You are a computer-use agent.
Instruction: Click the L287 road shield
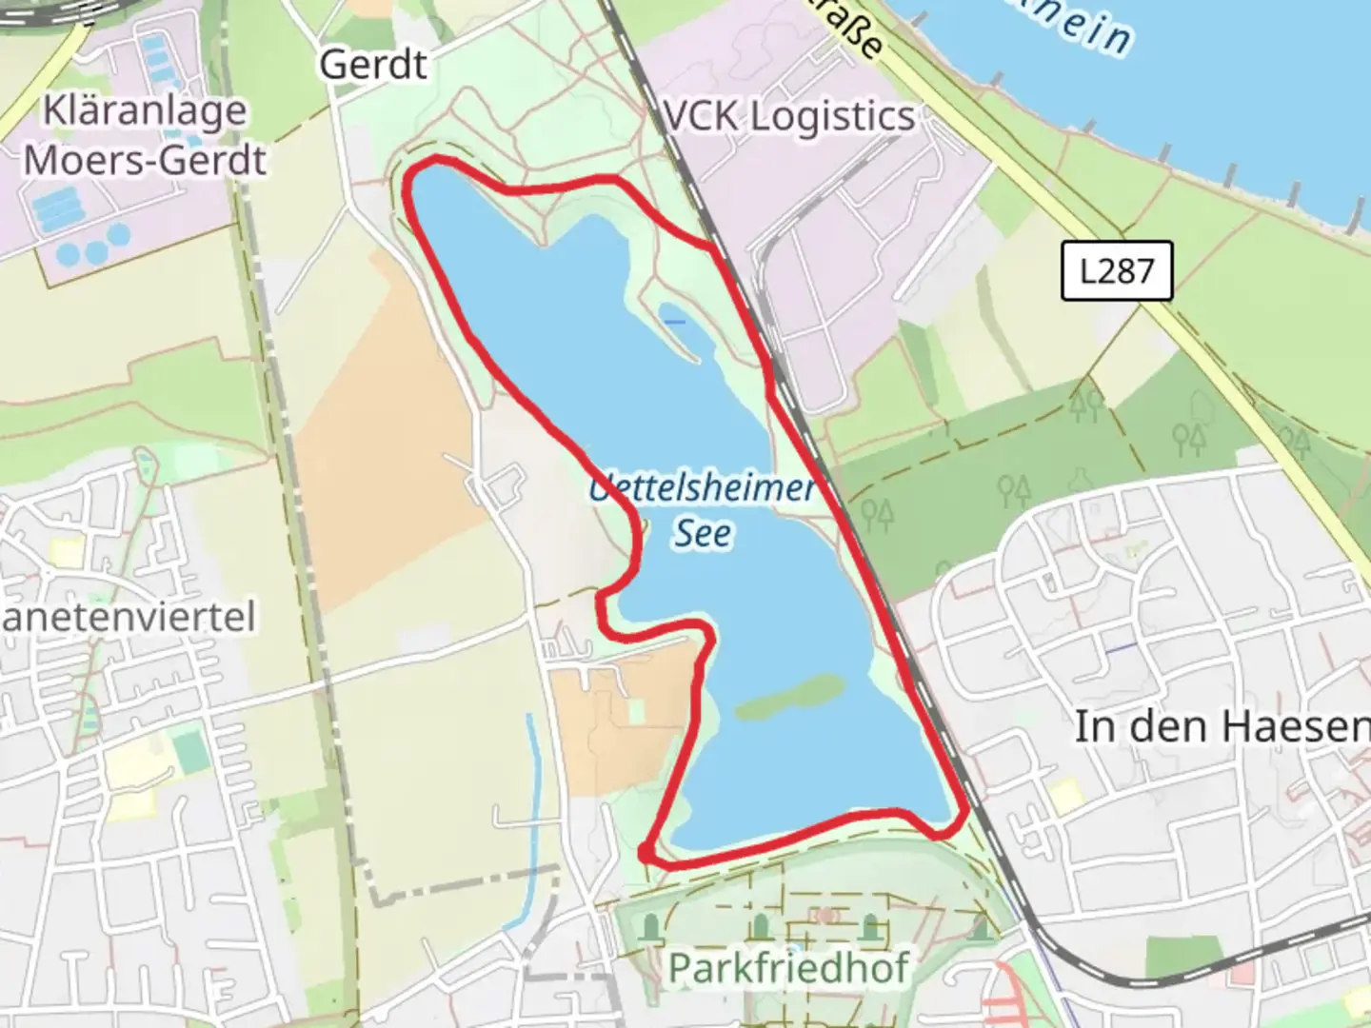[1116, 271]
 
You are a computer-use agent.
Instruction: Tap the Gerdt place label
[373, 65]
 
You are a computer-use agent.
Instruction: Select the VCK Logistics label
[789, 117]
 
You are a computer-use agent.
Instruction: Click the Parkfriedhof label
[789, 968]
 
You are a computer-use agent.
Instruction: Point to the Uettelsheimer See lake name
[703, 510]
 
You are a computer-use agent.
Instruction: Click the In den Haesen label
[1222, 727]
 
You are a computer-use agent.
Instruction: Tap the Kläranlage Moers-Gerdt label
[145, 135]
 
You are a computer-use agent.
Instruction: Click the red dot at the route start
[646, 853]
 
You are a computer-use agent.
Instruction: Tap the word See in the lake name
[704, 533]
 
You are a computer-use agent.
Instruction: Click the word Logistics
[832, 117]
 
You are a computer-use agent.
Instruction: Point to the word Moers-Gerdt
[145, 159]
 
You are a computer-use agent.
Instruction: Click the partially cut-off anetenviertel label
[129, 617]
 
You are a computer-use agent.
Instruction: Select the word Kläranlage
[145, 111]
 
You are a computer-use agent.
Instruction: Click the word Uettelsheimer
[703, 489]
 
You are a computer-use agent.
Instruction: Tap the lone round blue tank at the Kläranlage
[118, 235]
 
